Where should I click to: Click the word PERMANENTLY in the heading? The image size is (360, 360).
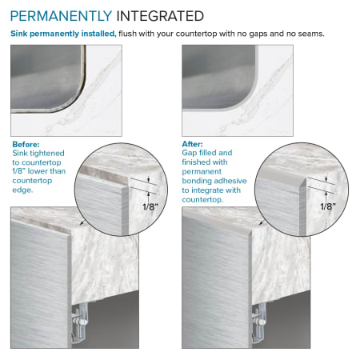point(61,16)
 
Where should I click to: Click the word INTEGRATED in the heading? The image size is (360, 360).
point(160,16)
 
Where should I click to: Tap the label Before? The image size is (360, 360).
point(26,144)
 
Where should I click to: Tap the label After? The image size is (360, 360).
point(192,144)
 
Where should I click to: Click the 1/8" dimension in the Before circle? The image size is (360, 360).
point(150,206)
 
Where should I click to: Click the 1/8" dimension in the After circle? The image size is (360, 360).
point(328,206)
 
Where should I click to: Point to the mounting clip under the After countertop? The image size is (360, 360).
point(259,322)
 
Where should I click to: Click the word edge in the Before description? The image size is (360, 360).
point(22,190)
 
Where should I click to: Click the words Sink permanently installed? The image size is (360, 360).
point(63,34)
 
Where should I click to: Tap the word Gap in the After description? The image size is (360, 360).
point(189,153)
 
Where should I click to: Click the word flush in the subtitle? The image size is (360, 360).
point(127,34)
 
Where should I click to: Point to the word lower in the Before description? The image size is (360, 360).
point(37,171)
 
